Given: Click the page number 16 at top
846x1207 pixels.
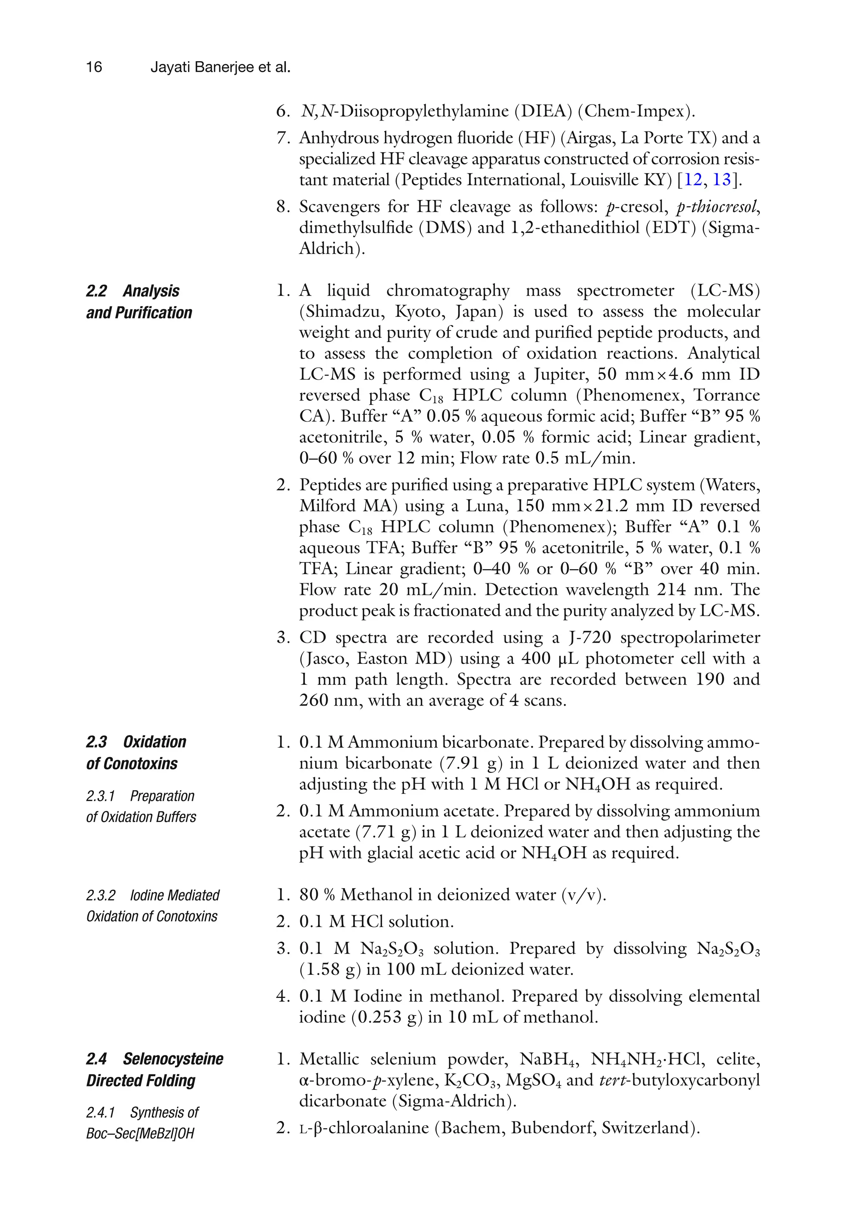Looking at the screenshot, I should point(94,67).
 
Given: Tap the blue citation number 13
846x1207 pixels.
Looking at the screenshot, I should point(721,180).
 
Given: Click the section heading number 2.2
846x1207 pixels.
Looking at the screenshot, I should point(96,291).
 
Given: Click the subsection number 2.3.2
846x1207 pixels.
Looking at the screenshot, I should point(100,895).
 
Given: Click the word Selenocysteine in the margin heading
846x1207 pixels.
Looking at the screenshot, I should point(173,1059).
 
